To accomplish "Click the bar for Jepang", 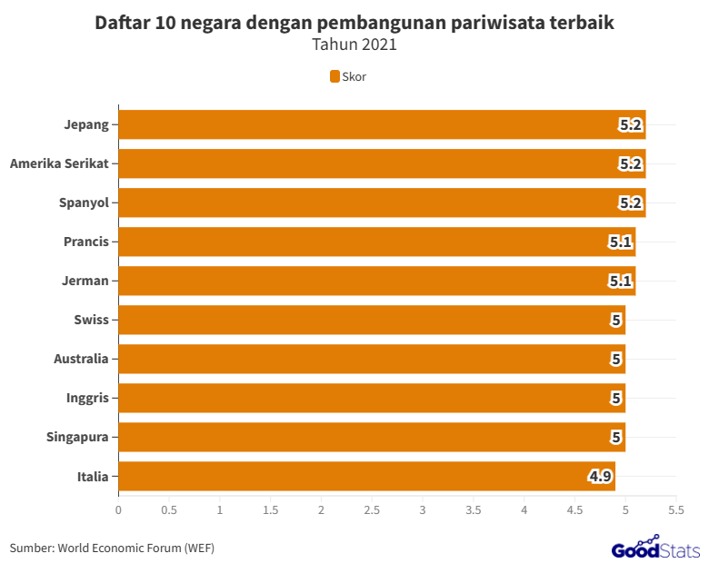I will pyautogui.click(x=382, y=124).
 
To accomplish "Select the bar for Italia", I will pyautogui.click(x=366, y=476).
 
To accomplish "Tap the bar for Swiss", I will pyautogui.click(x=372, y=320).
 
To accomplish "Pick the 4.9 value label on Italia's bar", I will pyautogui.click(x=600, y=476).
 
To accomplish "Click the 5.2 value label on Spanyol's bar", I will pyautogui.click(x=631, y=203).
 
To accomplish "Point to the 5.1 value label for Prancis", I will pyautogui.click(x=621, y=242).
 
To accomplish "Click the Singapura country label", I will pyautogui.click(x=77, y=437).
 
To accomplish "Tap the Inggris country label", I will pyautogui.click(x=87, y=398).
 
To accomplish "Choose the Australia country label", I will pyautogui.click(x=81, y=359).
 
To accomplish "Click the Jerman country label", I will pyautogui.click(x=85, y=281).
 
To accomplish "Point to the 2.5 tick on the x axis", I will pyautogui.click(x=372, y=510).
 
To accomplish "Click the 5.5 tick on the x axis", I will pyautogui.click(x=675, y=510).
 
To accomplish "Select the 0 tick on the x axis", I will pyautogui.click(x=118, y=510).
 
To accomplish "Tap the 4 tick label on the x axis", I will pyautogui.click(x=524, y=510).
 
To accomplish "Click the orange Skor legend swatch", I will pyautogui.click(x=335, y=76).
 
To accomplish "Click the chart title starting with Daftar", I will pyautogui.click(x=354, y=24).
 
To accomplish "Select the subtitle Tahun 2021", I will pyautogui.click(x=354, y=44).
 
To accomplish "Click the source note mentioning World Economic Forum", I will pyautogui.click(x=112, y=548).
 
